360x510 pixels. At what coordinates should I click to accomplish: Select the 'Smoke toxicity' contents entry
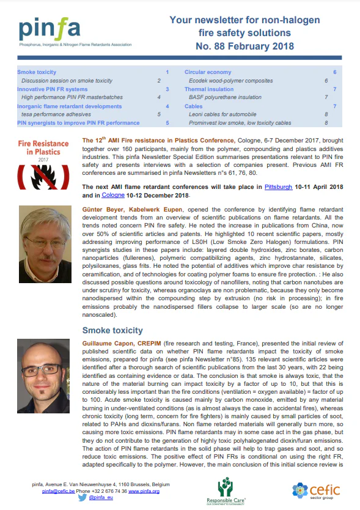[38, 72]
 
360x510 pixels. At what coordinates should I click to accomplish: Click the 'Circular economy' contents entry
[208, 72]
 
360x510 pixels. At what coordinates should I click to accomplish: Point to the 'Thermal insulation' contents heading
[209, 89]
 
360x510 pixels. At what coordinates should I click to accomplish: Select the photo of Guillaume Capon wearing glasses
[46, 371]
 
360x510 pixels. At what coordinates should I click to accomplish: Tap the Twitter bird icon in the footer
[82, 498]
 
